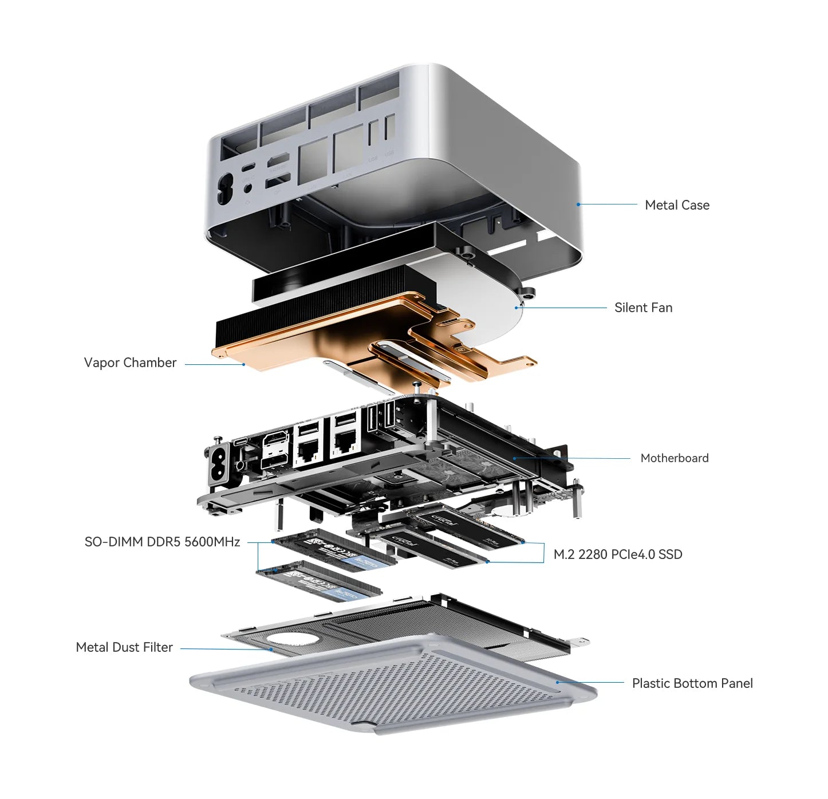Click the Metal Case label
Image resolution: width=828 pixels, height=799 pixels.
[677, 205]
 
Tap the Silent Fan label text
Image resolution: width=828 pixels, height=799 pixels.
[643, 308]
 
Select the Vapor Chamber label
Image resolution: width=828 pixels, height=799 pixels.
[130, 363]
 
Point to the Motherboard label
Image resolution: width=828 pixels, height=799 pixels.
[674, 458]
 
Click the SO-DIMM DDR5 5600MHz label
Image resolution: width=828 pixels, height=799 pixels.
[162, 542]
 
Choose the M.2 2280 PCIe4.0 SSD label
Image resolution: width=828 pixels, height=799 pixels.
[618, 554]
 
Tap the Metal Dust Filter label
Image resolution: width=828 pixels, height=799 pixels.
[124, 647]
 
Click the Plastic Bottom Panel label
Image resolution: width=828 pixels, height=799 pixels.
[692, 683]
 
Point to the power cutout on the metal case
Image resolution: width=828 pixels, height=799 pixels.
[224, 188]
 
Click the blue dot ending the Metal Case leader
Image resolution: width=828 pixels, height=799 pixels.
[578, 204]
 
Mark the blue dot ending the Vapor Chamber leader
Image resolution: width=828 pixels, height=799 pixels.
[244, 364]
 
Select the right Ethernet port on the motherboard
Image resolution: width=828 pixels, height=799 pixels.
[345, 441]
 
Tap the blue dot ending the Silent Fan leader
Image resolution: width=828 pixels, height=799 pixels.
[516, 308]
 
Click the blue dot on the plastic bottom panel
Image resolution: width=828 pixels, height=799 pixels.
[557, 682]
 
